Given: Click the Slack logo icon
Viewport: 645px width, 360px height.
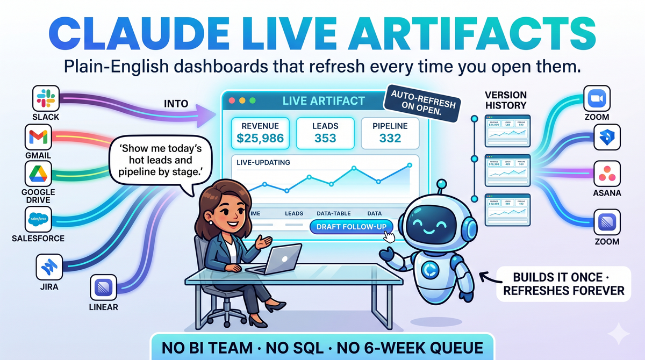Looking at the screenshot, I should pyautogui.click(x=46, y=99).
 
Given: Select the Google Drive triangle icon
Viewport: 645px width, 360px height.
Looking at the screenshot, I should pyautogui.click(x=39, y=174).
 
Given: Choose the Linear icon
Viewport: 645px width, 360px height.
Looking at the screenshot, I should pyautogui.click(x=103, y=287).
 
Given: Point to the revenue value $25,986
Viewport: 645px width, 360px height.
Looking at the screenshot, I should pyautogui.click(x=260, y=138).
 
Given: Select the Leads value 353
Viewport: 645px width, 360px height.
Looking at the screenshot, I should pyautogui.click(x=325, y=138).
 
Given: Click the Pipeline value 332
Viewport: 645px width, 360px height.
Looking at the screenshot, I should pyautogui.click(x=390, y=138).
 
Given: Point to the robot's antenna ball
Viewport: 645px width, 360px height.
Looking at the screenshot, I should pyautogui.click(x=442, y=184).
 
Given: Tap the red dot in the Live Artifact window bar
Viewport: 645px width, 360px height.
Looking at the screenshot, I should pyautogui.click(x=232, y=100).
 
